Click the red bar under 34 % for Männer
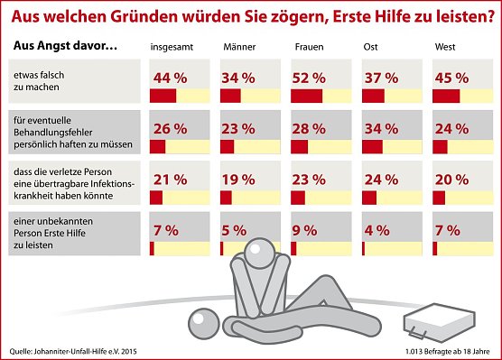(x=230, y=97)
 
